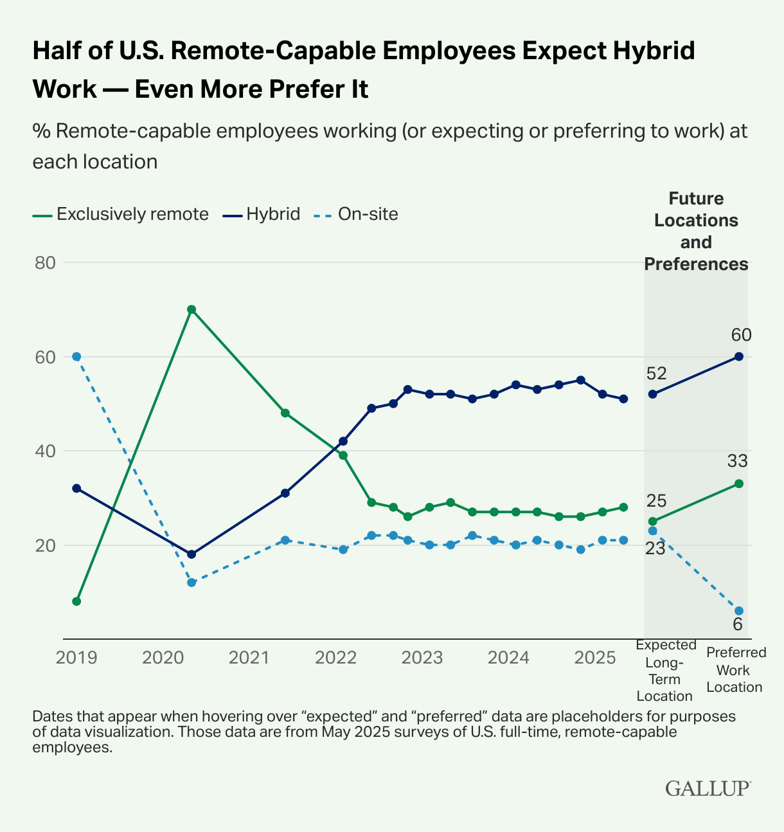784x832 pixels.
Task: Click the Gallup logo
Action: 708,788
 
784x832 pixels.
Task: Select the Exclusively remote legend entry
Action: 132,214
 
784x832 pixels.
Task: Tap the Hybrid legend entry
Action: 273,214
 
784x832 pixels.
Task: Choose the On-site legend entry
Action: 368,214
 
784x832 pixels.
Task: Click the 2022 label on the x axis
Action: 335,658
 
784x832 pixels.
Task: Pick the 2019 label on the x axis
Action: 76,658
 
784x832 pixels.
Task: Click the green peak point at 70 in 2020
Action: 192,309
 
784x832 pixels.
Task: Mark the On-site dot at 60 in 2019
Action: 76,356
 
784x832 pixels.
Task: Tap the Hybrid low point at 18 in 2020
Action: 192,554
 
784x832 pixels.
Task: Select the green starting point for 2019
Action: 76,601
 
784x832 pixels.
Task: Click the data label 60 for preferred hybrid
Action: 741,335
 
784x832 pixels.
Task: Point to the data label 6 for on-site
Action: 738,624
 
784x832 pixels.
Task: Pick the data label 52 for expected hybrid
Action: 657,374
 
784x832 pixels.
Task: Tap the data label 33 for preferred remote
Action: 738,461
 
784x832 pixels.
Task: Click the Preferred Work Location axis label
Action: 736,669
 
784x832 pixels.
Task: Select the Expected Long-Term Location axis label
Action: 665,670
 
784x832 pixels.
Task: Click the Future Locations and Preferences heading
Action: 696,231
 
